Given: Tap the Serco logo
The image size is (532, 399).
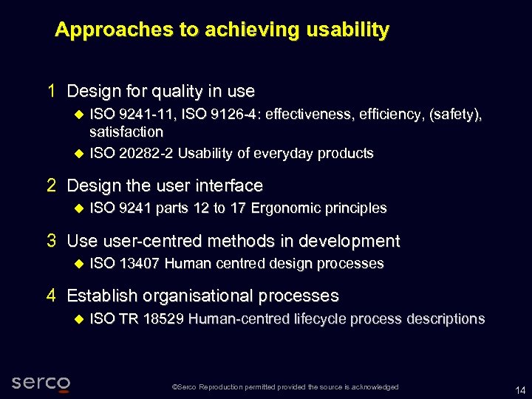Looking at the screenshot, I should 41,383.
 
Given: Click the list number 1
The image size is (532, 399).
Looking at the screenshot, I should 52,92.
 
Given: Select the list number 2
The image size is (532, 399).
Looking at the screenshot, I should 52,185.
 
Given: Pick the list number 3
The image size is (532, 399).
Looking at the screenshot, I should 52,241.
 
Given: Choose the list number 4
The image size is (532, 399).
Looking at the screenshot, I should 52,296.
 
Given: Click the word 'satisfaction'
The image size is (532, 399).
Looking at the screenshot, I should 126,132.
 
